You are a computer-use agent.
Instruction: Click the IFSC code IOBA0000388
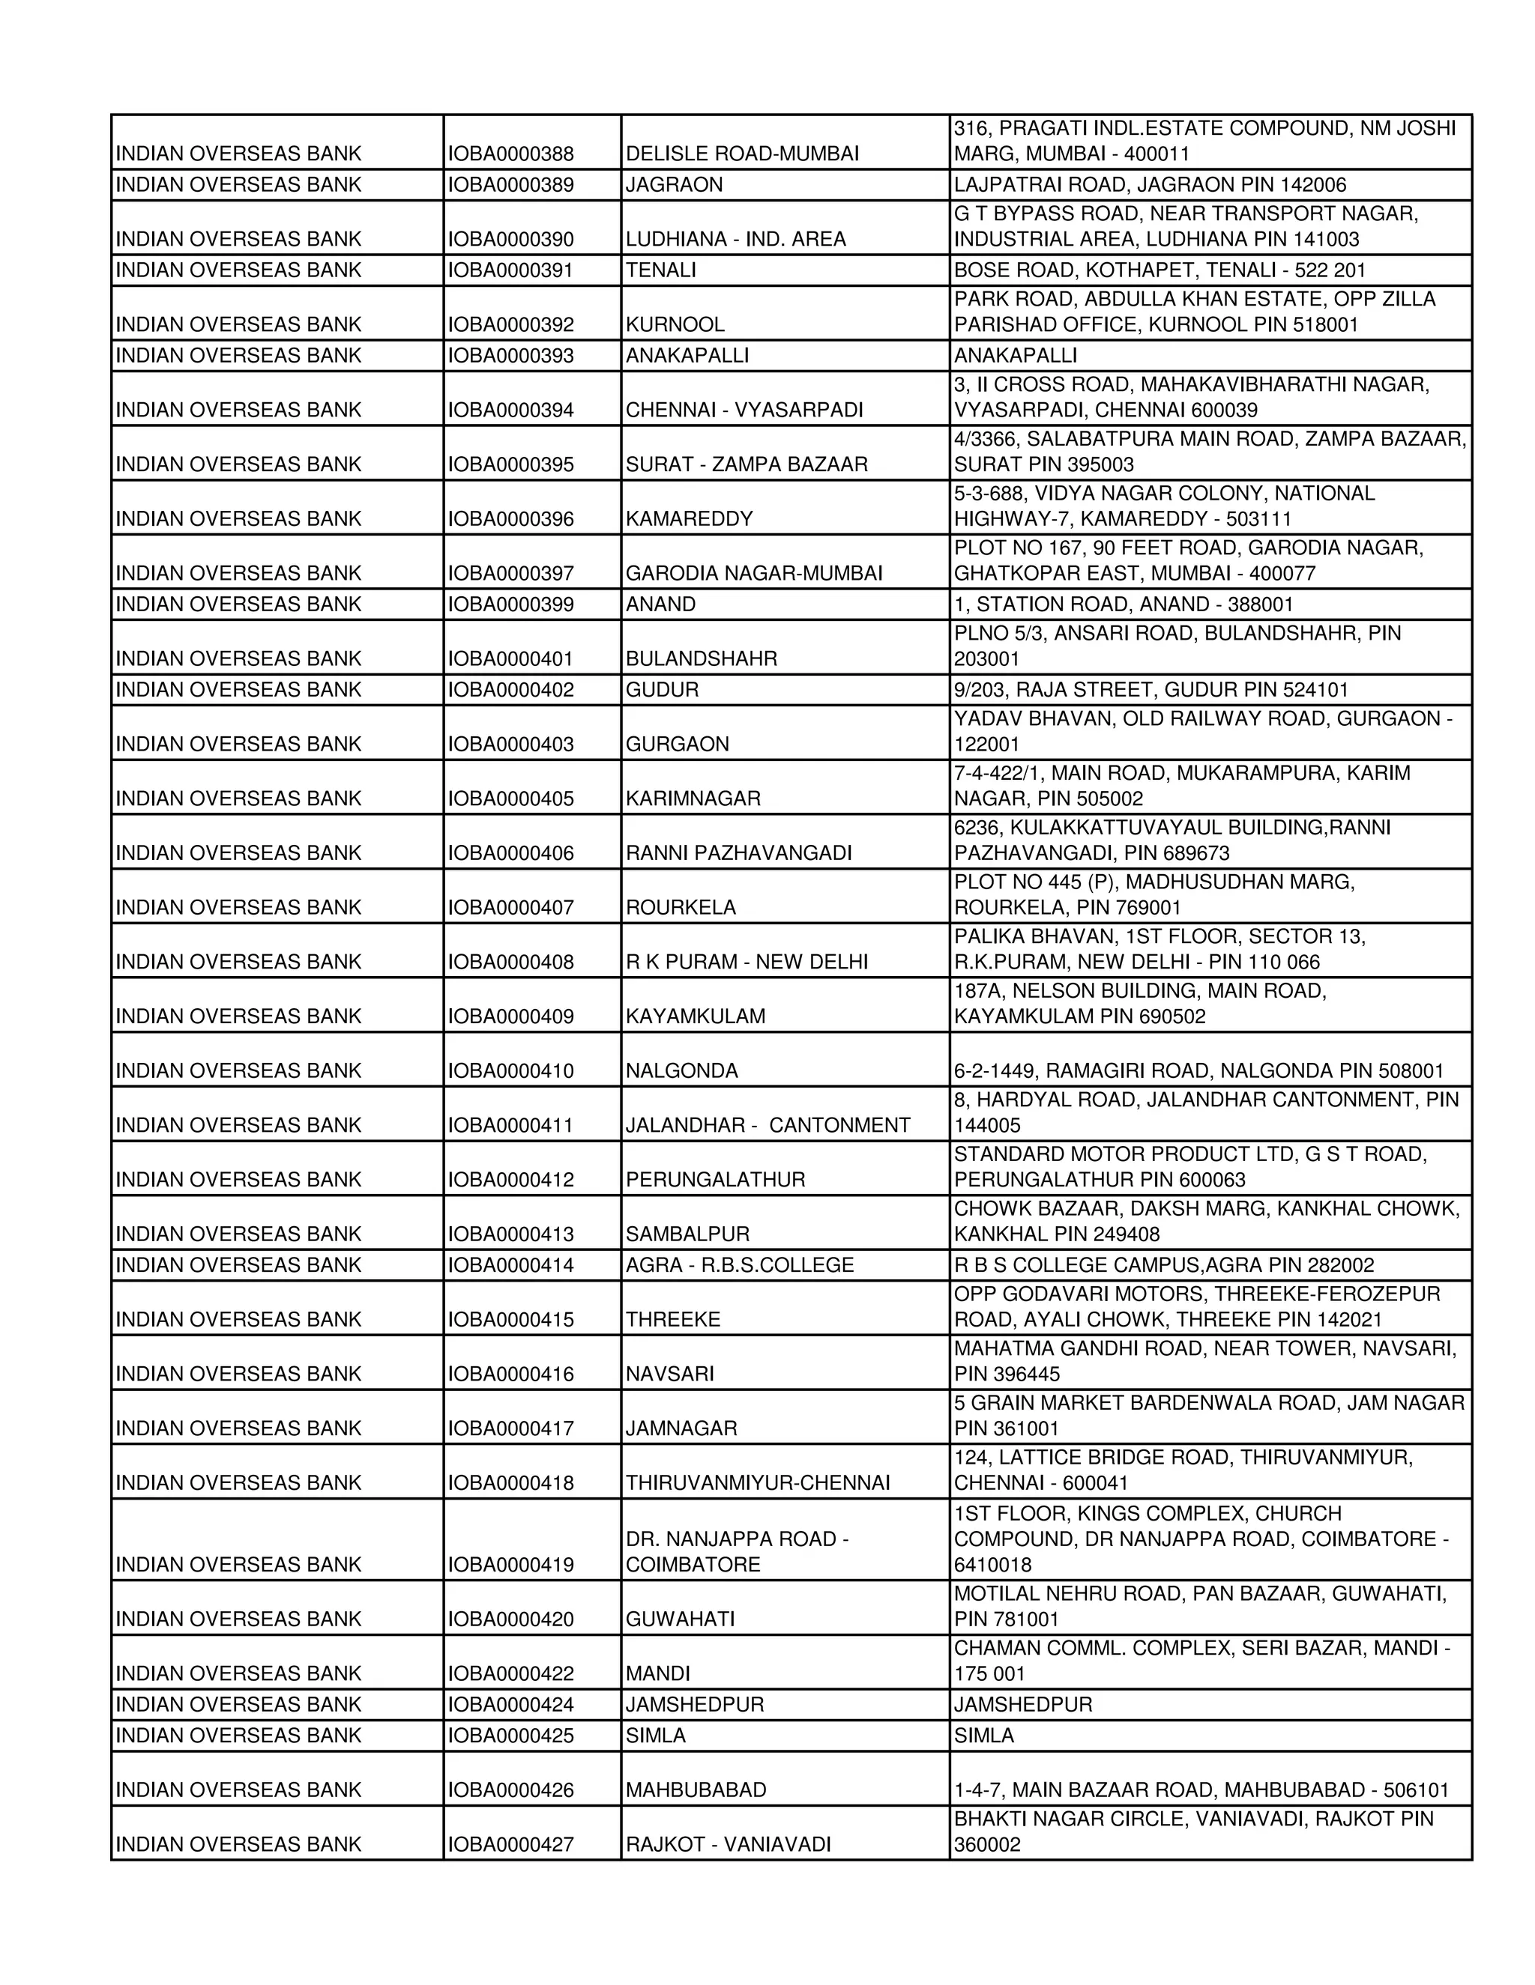click(510, 154)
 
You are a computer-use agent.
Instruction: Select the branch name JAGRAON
click(674, 184)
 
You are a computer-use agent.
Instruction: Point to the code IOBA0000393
click(510, 355)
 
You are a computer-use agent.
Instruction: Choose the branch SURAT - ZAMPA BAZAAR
click(746, 464)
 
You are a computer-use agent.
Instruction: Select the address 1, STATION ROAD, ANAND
click(1123, 604)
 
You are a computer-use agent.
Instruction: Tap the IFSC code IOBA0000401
click(510, 659)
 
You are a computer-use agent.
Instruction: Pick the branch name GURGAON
click(677, 745)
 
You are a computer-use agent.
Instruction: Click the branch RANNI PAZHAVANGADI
click(738, 853)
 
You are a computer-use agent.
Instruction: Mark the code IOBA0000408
click(510, 963)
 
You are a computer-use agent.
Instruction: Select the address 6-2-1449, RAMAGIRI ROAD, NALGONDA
click(1198, 1070)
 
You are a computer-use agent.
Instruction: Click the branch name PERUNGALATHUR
click(715, 1180)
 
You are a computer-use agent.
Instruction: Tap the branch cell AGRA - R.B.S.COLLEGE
click(739, 1265)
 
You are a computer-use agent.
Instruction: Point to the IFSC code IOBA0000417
click(510, 1428)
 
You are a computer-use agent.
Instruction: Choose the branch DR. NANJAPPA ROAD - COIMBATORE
click(737, 1551)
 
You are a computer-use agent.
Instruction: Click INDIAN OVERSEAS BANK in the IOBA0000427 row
click(238, 1844)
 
